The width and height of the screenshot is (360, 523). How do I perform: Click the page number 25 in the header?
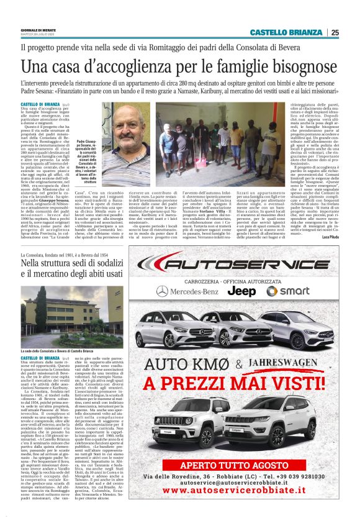tap(335, 32)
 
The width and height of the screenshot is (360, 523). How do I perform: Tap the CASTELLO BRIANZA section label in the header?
tap(286, 32)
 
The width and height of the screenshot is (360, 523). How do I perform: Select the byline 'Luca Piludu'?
tap(328, 237)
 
